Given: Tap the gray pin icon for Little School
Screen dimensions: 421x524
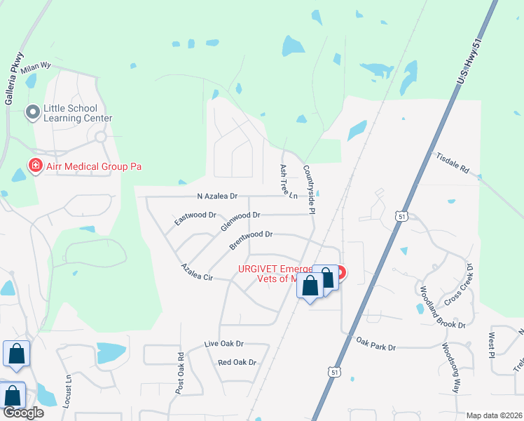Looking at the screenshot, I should coord(32,112).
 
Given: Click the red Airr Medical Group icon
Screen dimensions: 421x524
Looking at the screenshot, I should coord(34,166).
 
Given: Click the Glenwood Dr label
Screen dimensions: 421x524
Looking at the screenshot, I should coord(240,221).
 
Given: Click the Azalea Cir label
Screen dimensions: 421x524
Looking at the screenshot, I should coord(196,272).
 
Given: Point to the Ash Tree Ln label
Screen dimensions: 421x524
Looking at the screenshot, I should coord(288,181).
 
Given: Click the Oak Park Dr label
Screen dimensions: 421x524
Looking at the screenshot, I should coord(376,346).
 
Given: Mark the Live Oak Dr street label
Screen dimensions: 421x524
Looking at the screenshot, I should coord(223,344).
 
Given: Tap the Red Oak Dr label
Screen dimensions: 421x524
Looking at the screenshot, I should coord(237,363).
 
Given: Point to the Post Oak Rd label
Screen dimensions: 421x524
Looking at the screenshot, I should coord(181,371).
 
